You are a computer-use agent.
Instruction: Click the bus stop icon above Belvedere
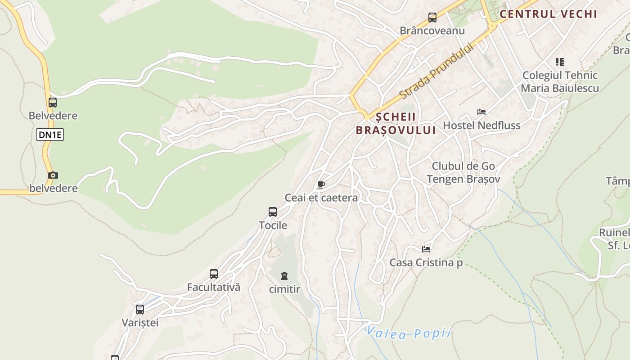point(53,103)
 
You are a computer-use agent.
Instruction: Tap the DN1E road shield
point(50,135)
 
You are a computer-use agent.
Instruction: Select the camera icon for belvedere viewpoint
point(53,175)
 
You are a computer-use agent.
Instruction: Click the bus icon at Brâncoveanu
point(432,18)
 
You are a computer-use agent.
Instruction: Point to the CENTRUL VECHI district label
point(548,14)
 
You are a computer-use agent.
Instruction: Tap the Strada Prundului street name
point(436,71)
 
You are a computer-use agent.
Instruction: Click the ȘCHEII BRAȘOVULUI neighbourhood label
point(396,123)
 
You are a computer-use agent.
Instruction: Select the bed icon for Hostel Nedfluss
point(481,112)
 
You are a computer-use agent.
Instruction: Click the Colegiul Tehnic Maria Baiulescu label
point(560,81)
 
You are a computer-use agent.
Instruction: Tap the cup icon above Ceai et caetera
point(321,184)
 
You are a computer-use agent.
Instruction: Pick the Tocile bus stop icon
point(273,212)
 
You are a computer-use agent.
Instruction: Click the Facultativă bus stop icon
point(214,274)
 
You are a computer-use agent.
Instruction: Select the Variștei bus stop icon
point(140,310)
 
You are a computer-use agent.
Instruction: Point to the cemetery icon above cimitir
point(284,275)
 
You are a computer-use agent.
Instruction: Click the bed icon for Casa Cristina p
point(426,249)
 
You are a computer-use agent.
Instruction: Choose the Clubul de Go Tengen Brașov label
point(463,172)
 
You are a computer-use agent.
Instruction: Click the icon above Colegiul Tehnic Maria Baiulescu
point(559,62)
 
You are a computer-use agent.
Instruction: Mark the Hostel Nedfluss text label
point(481,125)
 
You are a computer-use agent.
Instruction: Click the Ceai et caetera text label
point(321,198)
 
